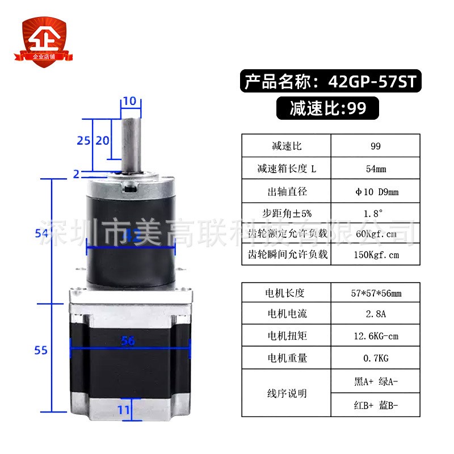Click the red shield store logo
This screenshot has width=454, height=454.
tap(44, 42)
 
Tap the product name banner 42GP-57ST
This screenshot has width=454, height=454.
tap(330, 82)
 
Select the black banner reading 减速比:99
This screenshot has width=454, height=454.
tap(327, 108)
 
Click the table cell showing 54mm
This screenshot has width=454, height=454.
tap(375, 169)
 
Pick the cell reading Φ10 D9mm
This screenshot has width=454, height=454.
tap(375, 191)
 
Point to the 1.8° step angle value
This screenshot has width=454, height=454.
tap(375, 213)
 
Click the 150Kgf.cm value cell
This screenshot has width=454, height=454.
tap(375, 254)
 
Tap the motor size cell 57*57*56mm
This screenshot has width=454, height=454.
tap(375, 293)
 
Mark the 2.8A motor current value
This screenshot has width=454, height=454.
tap(375, 314)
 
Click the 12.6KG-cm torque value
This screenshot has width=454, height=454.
tap(375, 336)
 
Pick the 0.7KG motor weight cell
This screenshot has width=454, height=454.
tap(375, 358)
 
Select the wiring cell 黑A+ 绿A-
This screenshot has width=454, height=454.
tap(375, 382)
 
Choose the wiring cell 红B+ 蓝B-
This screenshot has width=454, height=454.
tap(375, 405)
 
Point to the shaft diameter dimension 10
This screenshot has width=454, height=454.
tap(129, 101)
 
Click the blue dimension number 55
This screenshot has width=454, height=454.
tap(41, 350)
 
